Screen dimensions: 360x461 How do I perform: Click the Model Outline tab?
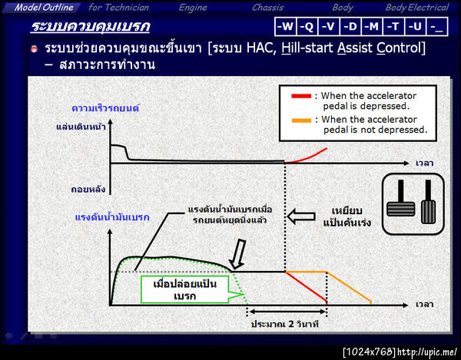click(x=45, y=7)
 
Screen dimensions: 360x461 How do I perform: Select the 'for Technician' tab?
click(x=119, y=7)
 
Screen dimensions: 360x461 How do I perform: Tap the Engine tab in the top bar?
click(x=193, y=7)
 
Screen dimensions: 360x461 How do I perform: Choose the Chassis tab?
click(x=268, y=7)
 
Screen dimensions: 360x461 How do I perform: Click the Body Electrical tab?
click(x=416, y=7)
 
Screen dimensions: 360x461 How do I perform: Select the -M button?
click(x=373, y=26)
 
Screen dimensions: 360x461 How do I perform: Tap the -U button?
click(x=415, y=26)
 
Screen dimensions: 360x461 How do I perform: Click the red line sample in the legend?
click(x=301, y=97)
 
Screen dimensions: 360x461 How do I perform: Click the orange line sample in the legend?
click(x=301, y=120)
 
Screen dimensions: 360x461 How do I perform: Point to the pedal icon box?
click(x=410, y=198)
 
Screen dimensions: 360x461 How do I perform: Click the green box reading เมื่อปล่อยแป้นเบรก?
click(x=186, y=290)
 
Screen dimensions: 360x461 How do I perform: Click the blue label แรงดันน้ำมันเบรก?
click(x=111, y=217)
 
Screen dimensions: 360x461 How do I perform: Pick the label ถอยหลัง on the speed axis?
click(x=91, y=187)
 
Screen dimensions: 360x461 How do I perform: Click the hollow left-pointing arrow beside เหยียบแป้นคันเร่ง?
click(x=296, y=218)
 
